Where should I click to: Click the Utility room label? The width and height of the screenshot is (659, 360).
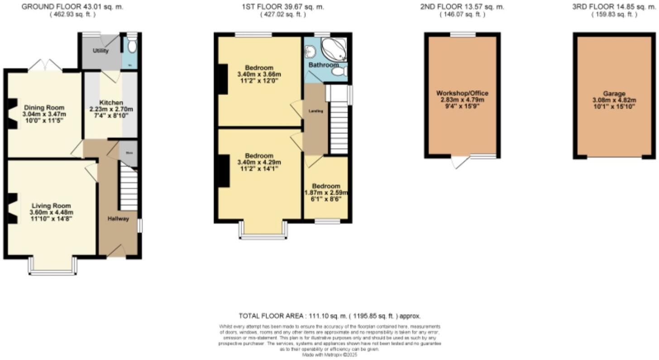(x=100, y=51)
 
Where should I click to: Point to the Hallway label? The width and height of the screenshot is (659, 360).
(x=118, y=219)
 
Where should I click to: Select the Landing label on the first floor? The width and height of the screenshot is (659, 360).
(x=316, y=111)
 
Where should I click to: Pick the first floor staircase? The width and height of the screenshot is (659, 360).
(x=339, y=129)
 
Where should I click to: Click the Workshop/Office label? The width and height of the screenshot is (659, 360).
(x=462, y=93)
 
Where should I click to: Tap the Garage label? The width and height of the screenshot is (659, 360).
(x=614, y=93)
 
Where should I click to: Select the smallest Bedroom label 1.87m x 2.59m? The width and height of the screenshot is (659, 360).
(x=326, y=186)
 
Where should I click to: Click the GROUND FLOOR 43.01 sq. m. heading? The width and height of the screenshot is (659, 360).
(x=72, y=7)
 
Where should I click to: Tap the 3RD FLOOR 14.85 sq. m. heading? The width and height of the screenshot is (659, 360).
(x=614, y=7)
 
